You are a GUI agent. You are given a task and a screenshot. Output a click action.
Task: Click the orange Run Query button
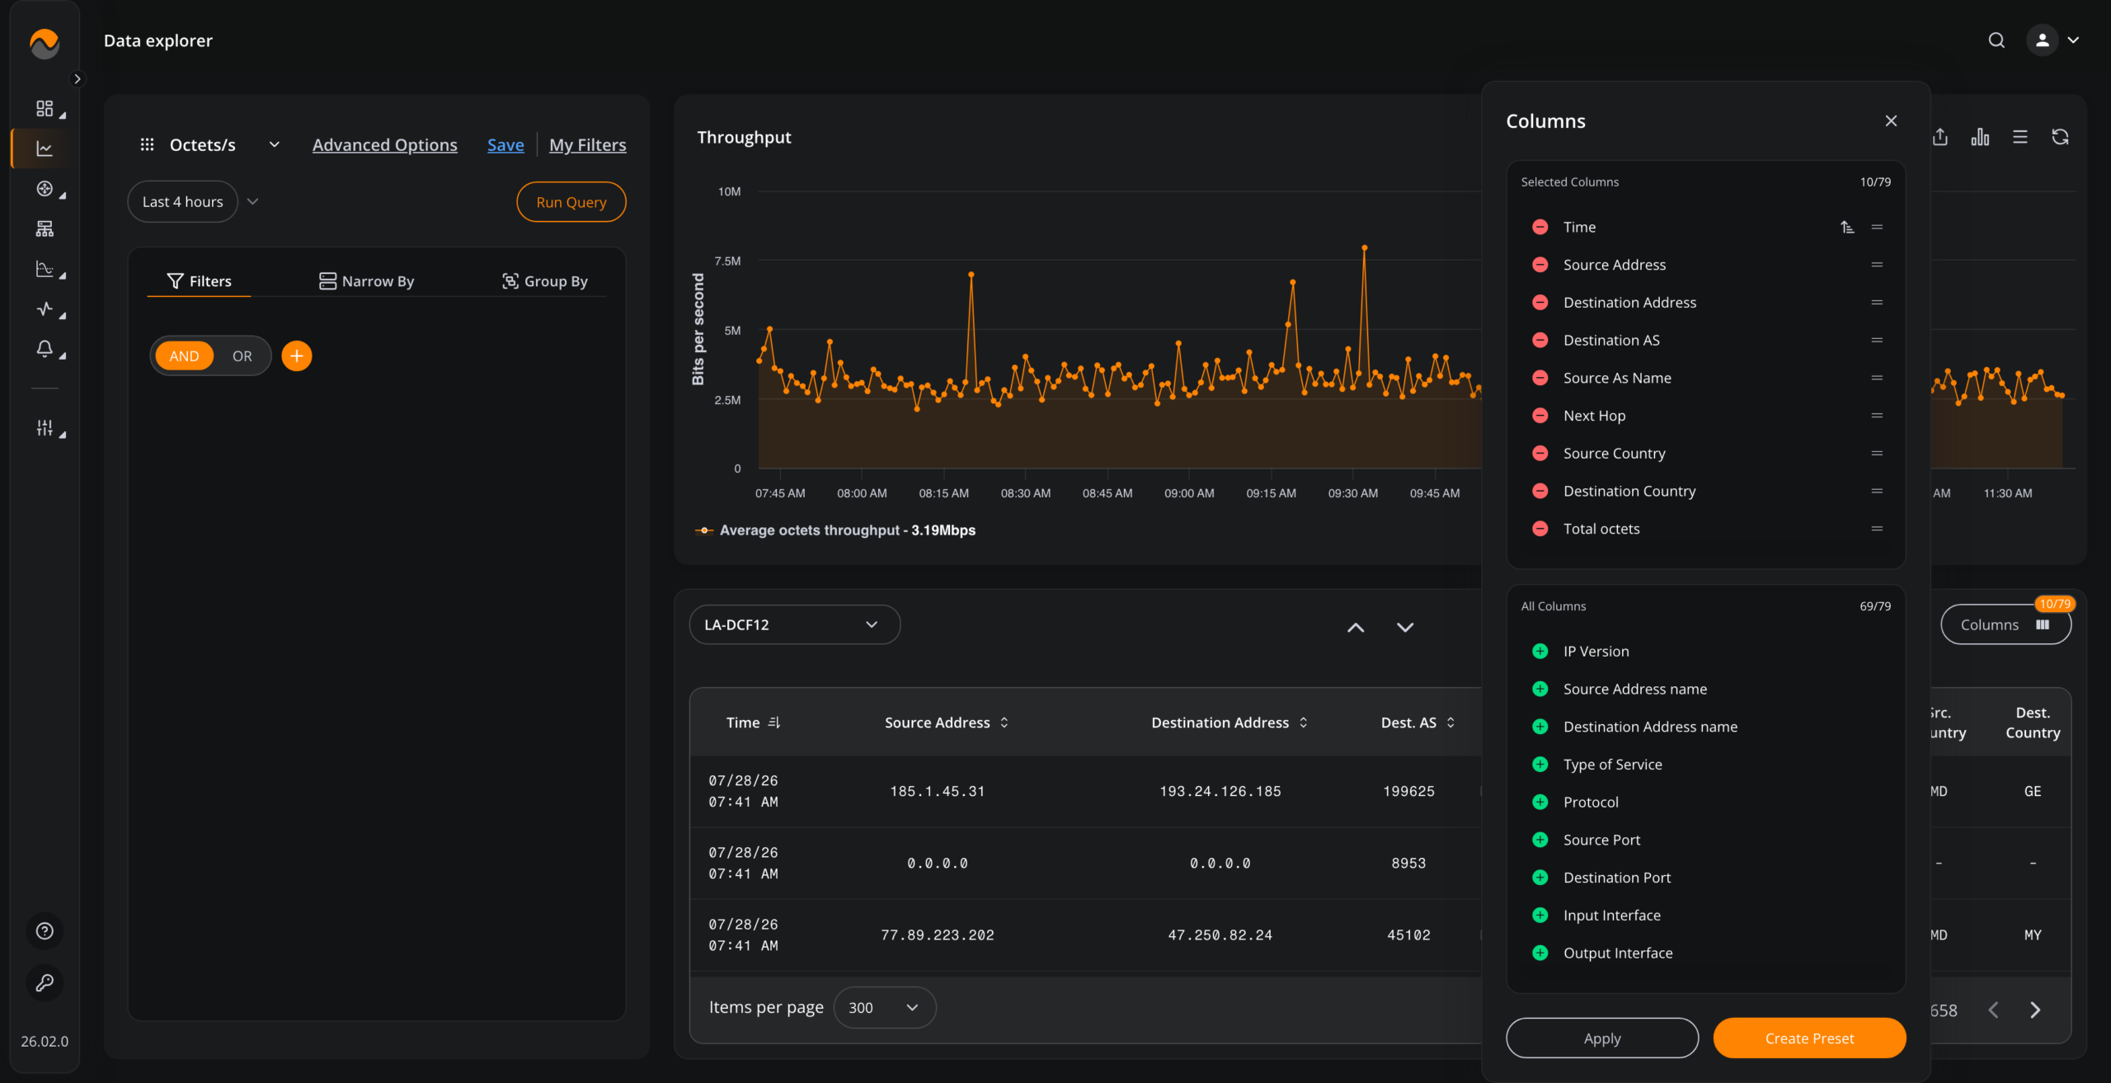(571, 202)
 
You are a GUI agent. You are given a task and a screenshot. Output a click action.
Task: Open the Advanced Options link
(384, 145)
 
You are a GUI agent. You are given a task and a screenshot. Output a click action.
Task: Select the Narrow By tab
(366, 281)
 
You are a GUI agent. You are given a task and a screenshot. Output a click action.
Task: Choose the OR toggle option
(242, 356)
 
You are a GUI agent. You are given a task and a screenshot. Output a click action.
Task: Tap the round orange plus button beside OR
(297, 356)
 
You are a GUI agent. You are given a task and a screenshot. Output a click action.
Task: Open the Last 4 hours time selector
(182, 202)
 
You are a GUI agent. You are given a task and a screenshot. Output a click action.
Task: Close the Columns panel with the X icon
(1891, 121)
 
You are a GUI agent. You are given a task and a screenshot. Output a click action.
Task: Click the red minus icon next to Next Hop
(1540, 416)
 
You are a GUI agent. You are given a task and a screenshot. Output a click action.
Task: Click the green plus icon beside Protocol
(1540, 802)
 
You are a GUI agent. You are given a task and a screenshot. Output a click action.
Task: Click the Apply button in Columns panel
(1601, 1038)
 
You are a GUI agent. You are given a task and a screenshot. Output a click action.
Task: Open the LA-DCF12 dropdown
(794, 625)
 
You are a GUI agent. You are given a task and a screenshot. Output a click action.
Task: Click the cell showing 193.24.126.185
(1220, 792)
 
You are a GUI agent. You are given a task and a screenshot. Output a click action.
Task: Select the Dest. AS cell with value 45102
(1408, 935)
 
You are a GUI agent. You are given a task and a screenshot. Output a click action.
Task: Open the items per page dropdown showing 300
(884, 1008)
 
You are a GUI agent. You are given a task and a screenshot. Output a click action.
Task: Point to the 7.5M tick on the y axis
(727, 261)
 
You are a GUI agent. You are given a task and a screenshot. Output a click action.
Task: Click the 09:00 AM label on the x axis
(1188, 493)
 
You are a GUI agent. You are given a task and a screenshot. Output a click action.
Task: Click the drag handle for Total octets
(1877, 529)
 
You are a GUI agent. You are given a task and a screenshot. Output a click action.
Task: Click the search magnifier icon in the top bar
(1996, 40)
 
